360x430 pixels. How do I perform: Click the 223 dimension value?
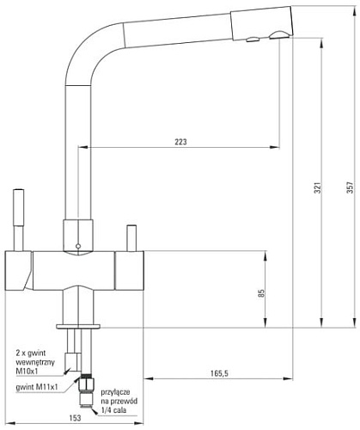point(180,142)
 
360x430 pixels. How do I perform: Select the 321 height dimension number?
point(318,187)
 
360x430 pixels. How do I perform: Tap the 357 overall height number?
point(350,187)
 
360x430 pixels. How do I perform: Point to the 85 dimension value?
point(261,293)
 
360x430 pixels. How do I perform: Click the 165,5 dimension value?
point(219,373)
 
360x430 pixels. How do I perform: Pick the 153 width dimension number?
point(75,418)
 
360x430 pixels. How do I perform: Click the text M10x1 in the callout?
point(27,372)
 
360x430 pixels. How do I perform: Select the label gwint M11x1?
point(37,387)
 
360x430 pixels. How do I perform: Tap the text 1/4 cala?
point(113,410)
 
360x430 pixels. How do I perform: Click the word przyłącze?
point(115,392)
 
